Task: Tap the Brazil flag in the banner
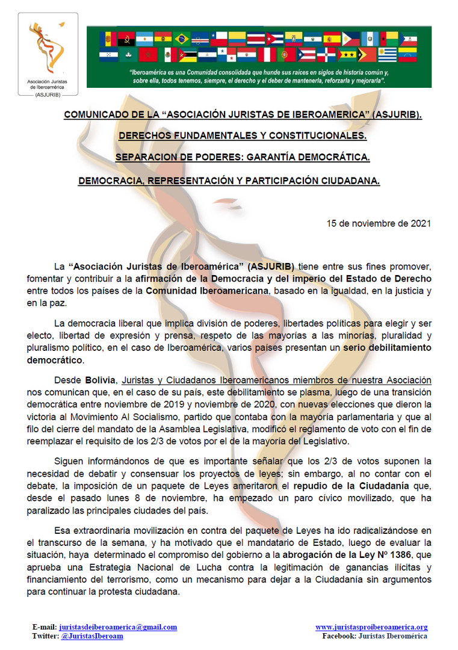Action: click(182, 39)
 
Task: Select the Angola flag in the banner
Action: click(126, 39)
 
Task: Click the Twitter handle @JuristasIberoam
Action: click(91, 636)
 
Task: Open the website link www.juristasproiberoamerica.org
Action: click(371, 627)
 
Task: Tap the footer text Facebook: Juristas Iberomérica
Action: click(375, 636)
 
